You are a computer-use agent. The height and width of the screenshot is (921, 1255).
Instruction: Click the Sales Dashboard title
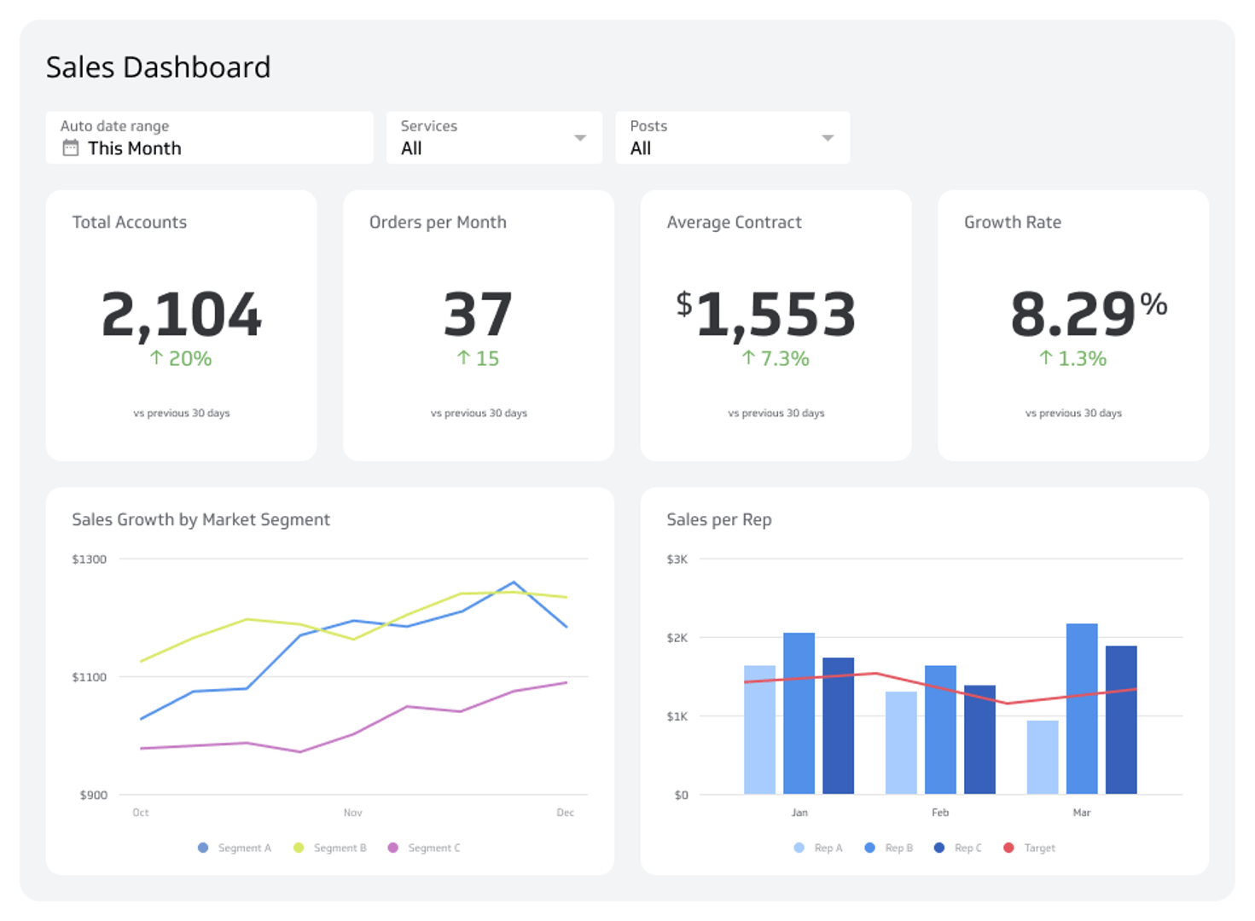(x=158, y=67)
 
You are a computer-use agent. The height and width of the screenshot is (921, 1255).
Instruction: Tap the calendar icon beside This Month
(x=71, y=148)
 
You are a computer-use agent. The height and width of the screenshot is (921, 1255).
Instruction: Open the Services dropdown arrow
(x=580, y=138)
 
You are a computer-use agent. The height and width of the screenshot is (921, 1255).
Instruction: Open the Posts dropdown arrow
(x=827, y=138)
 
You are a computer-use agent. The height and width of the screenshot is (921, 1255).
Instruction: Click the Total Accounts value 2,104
(x=181, y=315)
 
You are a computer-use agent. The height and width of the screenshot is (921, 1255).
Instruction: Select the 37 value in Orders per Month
(x=478, y=315)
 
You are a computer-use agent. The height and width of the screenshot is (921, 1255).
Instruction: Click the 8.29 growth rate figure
(x=1073, y=315)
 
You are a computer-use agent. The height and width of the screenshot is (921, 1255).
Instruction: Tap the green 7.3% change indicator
(x=776, y=359)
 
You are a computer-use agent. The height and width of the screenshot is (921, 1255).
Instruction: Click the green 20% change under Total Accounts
(x=181, y=359)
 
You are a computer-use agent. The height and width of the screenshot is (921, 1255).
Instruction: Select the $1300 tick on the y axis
(x=89, y=559)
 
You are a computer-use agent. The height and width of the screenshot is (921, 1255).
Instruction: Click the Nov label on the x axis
(x=352, y=813)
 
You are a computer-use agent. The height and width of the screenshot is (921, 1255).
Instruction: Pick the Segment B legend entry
(x=331, y=848)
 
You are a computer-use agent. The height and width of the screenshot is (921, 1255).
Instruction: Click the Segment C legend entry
(x=425, y=848)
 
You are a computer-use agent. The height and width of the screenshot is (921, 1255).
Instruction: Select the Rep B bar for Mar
(x=1082, y=709)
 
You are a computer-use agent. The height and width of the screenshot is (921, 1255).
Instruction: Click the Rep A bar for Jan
(x=759, y=730)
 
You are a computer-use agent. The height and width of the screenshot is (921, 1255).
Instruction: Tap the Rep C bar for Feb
(x=979, y=739)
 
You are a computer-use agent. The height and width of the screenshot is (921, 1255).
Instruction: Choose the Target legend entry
(x=1031, y=848)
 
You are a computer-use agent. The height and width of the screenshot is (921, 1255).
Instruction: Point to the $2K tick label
(x=677, y=638)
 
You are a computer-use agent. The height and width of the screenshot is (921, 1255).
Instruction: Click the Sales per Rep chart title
(x=718, y=519)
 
